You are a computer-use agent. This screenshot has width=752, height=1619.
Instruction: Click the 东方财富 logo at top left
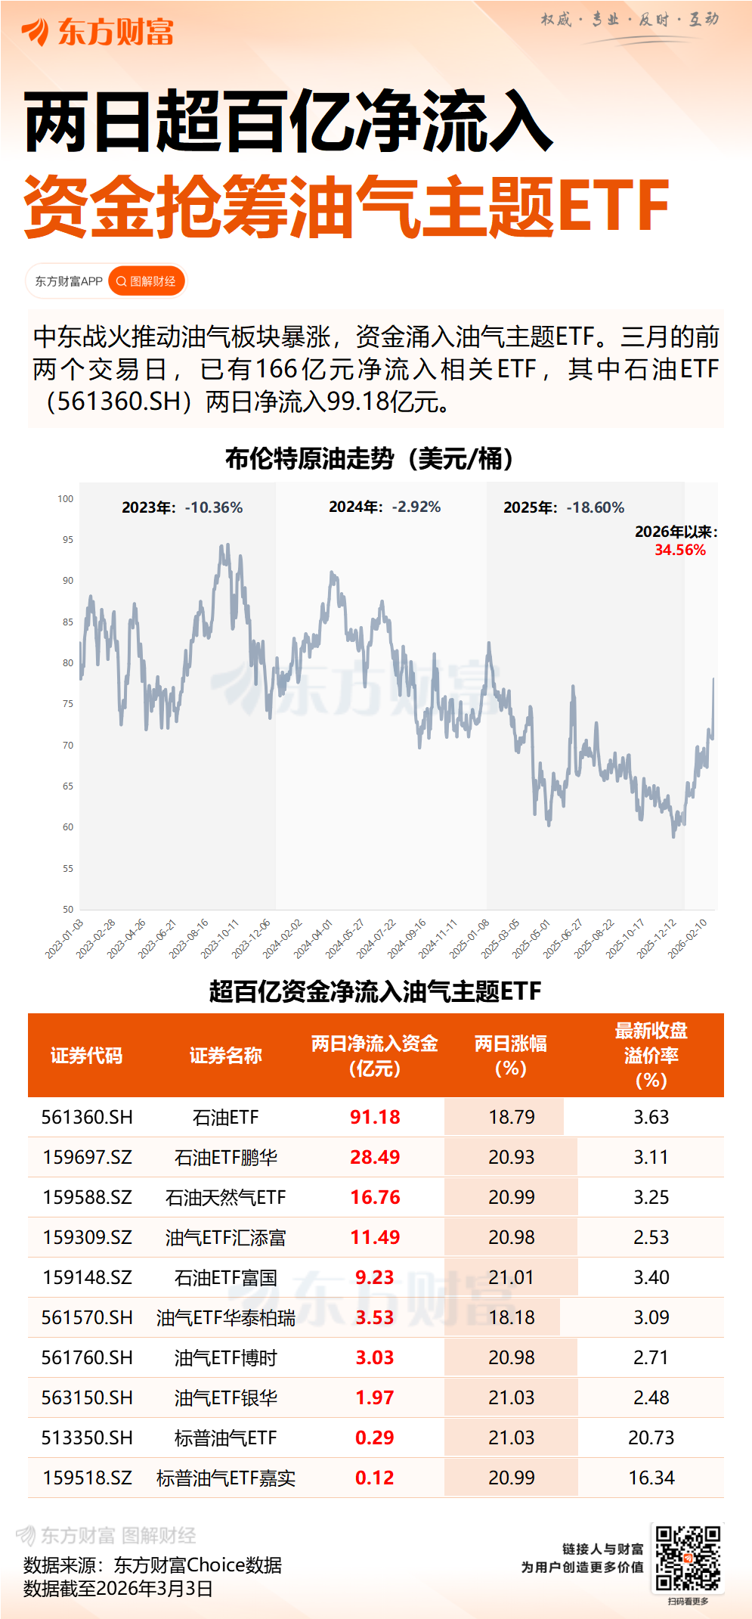[98, 32]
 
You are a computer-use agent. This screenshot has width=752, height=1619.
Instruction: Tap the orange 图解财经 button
[147, 281]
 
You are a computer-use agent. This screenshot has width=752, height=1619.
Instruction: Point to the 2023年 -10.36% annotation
[182, 507]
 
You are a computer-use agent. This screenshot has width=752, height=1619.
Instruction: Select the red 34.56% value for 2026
[679, 550]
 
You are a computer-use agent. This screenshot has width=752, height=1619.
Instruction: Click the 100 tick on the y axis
[66, 499]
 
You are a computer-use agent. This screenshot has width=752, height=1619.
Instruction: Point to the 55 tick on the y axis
[67, 868]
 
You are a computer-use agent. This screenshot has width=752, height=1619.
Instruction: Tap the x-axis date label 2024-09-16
[408, 938]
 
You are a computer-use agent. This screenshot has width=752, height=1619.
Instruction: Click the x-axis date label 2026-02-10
[688, 938]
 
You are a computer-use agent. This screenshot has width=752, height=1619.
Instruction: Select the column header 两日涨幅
[510, 1056]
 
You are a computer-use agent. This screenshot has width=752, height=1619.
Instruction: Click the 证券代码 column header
[86, 1056]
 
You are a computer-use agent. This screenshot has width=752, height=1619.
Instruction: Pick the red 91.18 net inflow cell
[375, 1117]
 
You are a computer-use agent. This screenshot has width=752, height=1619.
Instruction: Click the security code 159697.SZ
[87, 1157]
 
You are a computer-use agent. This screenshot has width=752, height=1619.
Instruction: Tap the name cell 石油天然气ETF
[225, 1197]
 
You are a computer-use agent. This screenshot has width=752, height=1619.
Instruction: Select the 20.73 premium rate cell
[651, 1438]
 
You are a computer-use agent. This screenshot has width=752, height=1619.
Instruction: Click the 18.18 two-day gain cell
[511, 1317]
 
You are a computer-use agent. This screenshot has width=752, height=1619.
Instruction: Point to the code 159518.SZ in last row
[87, 1478]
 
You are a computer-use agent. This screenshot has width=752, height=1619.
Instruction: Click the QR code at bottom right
[687, 1558]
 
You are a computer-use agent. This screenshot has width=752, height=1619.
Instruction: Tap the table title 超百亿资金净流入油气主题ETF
[375, 991]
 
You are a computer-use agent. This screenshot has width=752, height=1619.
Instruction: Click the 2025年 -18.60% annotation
[564, 507]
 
